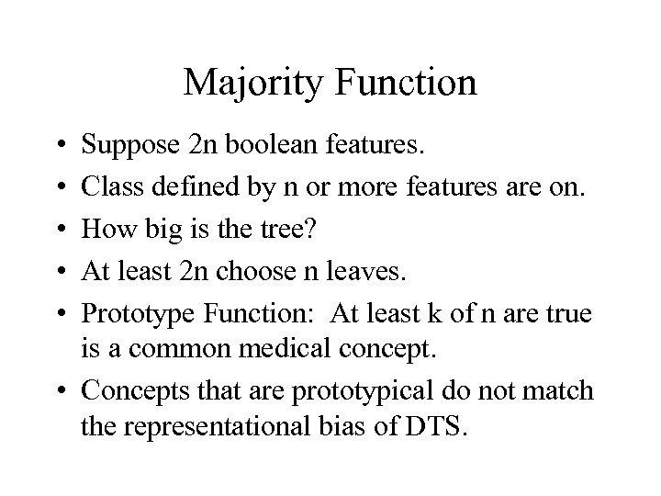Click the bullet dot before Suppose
tap(60, 146)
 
